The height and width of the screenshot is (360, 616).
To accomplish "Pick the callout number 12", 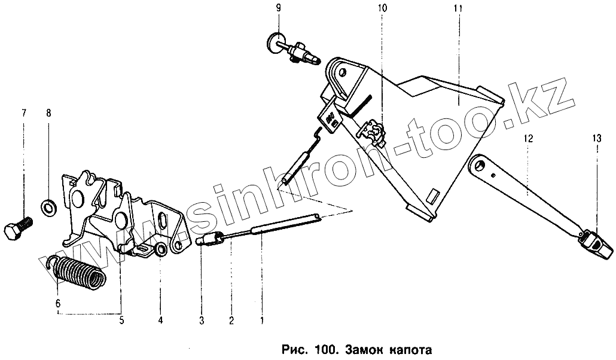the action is point(528,138).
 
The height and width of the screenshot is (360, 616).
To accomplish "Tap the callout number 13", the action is point(596,138).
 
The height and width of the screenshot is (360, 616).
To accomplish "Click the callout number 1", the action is point(261,321).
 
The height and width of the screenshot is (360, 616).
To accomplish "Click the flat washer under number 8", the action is point(48,208).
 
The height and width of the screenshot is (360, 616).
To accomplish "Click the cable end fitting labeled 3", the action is point(208,240).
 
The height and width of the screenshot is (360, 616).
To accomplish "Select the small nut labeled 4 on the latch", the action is point(160,249).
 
